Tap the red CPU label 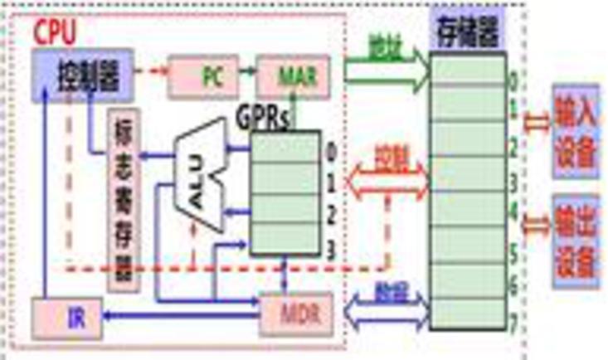coord(53,33)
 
